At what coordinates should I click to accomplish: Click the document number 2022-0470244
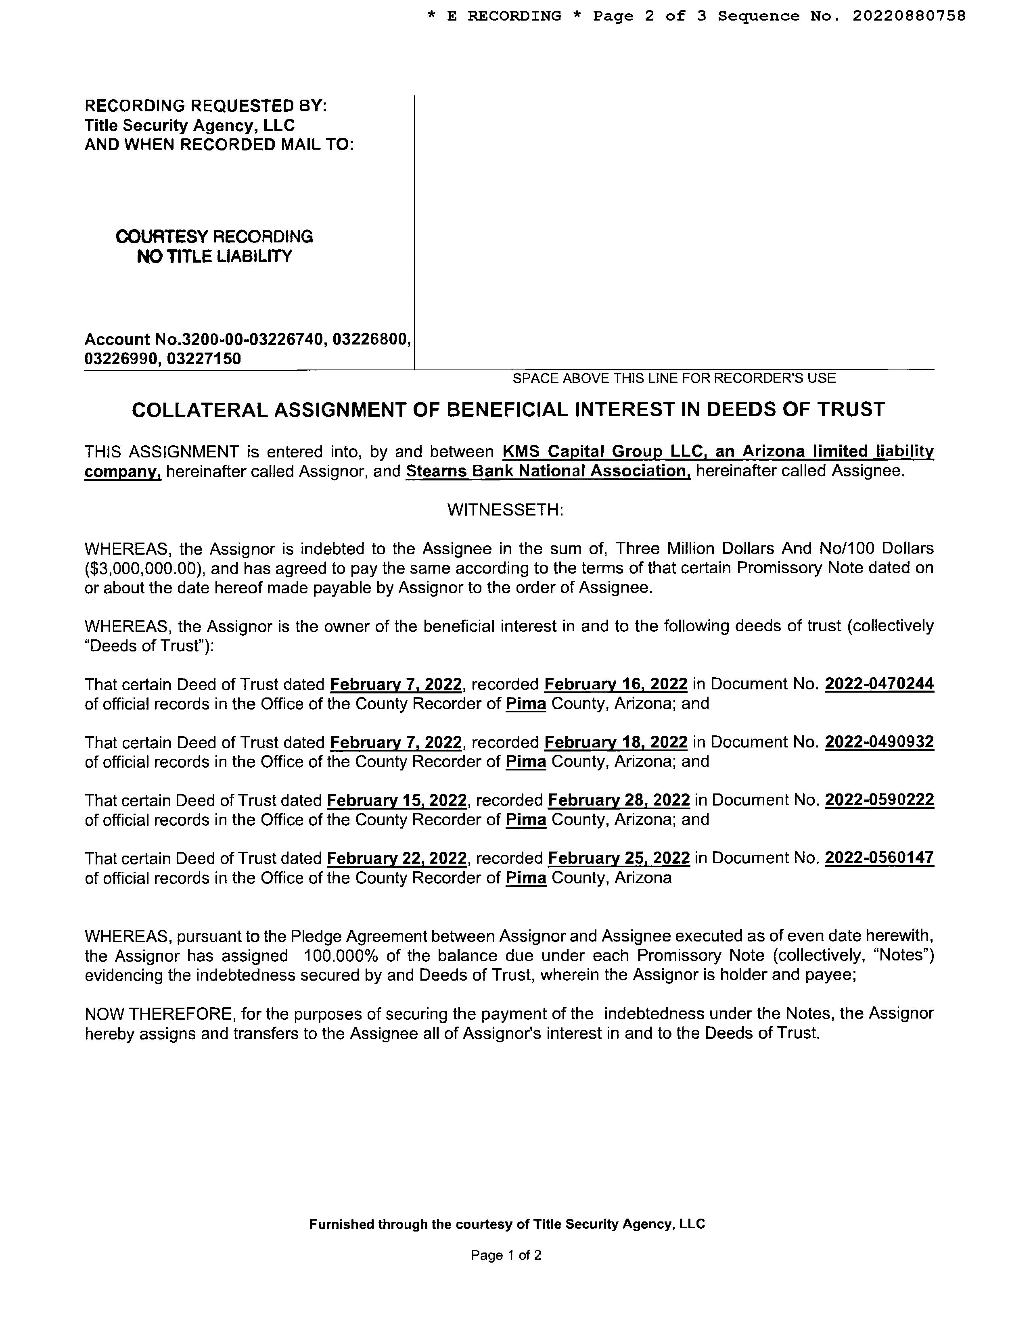click(879, 683)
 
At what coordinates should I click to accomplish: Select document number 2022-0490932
click(879, 741)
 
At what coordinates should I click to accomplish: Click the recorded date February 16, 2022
click(616, 683)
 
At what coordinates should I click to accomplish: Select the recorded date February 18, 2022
click(616, 741)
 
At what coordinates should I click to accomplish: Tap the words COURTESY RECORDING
click(214, 237)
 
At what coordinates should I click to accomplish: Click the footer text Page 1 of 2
click(506, 1255)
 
